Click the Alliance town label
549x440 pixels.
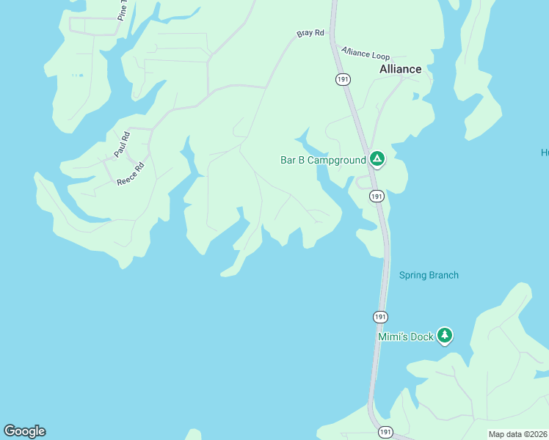(x=400, y=69)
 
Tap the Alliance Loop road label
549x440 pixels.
(x=366, y=54)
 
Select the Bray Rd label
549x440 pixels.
(x=310, y=34)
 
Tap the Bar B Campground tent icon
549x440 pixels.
(x=377, y=159)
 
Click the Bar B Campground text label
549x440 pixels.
(x=323, y=160)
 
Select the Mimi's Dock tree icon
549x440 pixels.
(x=444, y=336)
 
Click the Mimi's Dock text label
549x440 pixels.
(x=406, y=337)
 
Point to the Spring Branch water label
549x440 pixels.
(x=429, y=276)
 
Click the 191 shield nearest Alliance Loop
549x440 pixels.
(x=343, y=79)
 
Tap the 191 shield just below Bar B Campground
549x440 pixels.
(x=377, y=197)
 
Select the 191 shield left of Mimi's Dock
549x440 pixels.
(x=379, y=317)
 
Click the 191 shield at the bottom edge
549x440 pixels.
(x=385, y=433)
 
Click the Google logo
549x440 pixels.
(x=24, y=431)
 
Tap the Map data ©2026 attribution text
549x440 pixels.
(x=517, y=434)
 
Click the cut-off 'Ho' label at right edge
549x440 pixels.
(x=545, y=153)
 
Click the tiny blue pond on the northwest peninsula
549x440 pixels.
(x=77, y=76)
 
